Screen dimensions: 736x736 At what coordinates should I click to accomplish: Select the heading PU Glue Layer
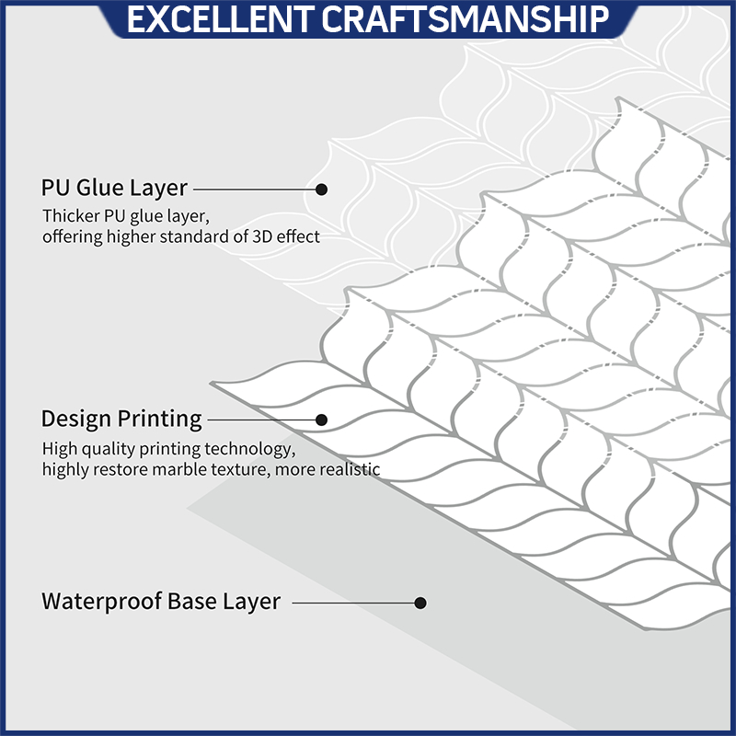[114, 189]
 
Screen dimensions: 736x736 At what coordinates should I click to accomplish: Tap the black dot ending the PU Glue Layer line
[322, 189]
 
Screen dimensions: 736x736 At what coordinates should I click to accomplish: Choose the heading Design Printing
[121, 420]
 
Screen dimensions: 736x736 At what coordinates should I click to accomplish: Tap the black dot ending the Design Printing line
[322, 420]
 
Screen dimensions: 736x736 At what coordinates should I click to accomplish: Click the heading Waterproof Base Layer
[161, 603]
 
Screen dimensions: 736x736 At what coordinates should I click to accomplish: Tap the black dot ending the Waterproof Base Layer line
[420, 604]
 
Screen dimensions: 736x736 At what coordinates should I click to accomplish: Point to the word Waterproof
[101, 603]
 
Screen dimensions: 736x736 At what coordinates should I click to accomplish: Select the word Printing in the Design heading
[159, 420]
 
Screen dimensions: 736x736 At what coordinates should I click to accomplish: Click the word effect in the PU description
[297, 237]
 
